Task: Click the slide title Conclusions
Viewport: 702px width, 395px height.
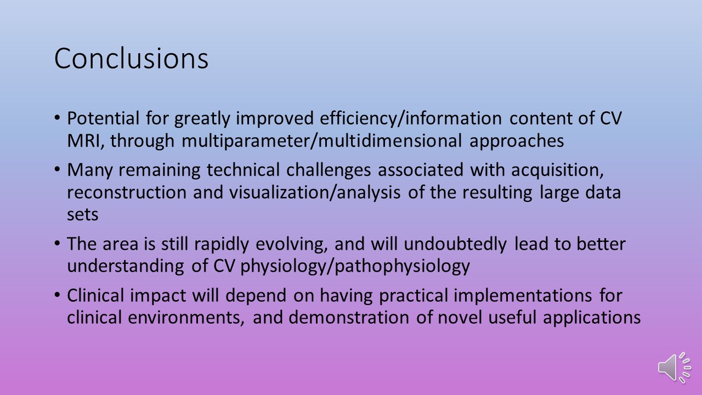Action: coord(131,58)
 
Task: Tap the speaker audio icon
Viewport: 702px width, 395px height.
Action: coord(675,368)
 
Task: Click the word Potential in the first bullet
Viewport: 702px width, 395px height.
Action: coord(103,118)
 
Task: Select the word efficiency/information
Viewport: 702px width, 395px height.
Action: coord(411,119)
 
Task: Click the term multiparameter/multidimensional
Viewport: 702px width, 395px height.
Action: coord(321,141)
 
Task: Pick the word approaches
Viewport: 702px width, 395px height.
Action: coord(517,142)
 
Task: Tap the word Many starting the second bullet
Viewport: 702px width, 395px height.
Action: coord(89,170)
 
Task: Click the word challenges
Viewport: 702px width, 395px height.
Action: coord(329,170)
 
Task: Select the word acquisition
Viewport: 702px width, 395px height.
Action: coord(557,170)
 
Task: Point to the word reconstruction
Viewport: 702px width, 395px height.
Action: coord(127,192)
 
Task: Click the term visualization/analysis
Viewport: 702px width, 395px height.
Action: coord(315,192)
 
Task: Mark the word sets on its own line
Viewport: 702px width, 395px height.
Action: coord(83,215)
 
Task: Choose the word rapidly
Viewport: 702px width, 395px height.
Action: coord(221,244)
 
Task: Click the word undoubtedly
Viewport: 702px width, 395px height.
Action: coord(455,244)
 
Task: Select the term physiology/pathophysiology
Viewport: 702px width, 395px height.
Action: coord(355,267)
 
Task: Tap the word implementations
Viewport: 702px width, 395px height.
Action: coord(523,296)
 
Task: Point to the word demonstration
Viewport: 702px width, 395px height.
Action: coord(348,318)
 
